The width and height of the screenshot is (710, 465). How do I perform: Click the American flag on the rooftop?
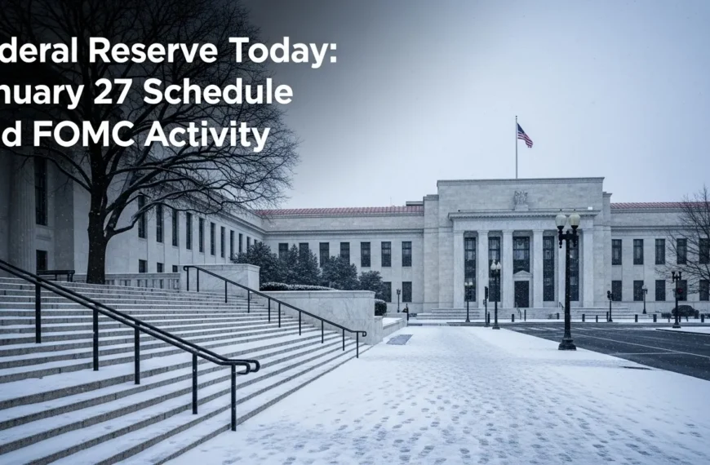pos(525,135)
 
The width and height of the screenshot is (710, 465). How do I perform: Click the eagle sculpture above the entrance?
pos(521,198)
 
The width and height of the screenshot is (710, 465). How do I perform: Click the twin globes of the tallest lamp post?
pos(567,220)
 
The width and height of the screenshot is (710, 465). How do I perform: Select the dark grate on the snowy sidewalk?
pos(399,339)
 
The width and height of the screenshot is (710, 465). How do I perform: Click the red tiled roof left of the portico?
pos(343,211)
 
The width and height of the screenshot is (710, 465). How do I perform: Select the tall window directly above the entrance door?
pos(521,254)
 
